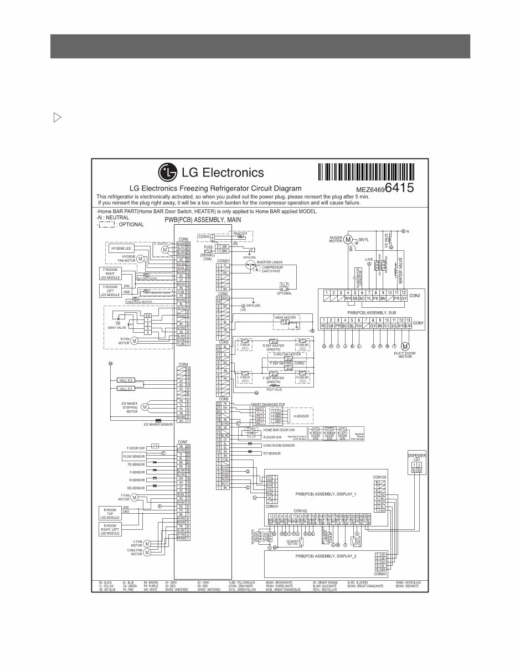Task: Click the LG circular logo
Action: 168,172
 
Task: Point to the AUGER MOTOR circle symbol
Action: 348,240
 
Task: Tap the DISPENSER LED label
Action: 416,458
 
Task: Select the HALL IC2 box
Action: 126,381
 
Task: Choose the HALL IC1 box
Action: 126,389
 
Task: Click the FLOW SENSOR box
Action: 133,456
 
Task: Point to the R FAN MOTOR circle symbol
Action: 134,341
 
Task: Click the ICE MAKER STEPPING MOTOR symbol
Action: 145,407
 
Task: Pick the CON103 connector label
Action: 380,477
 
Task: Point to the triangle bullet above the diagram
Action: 56,117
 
